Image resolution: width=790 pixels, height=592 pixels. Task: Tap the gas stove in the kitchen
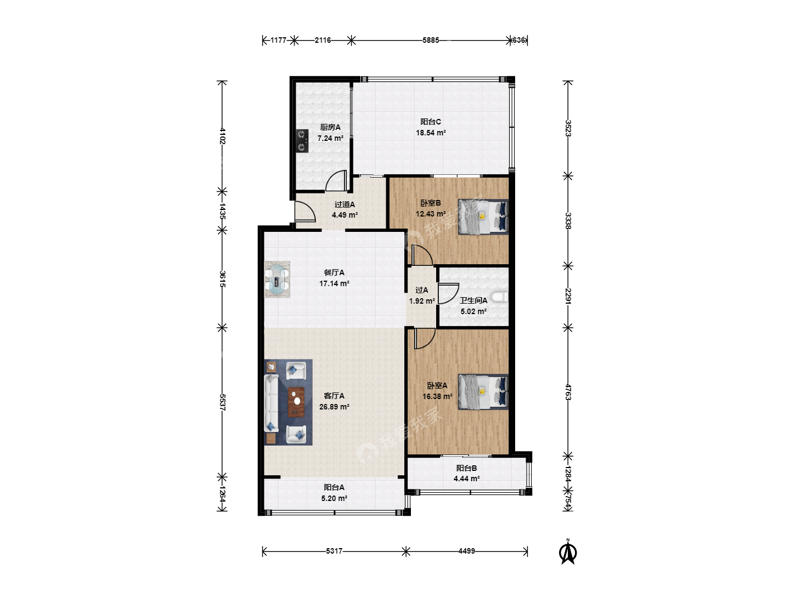click(x=302, y=141)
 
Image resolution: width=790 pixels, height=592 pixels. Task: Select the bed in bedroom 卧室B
click(x=483, y=217)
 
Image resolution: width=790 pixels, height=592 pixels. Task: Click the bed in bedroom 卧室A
click(x=483, y=392)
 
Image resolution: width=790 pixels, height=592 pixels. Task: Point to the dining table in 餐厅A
click(x=277, y=280)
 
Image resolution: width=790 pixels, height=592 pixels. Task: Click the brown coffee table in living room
click(x=296, y=402)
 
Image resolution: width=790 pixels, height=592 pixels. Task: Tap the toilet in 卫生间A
click(x=501, y=297)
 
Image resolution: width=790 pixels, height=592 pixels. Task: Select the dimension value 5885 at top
click(x=431, y=40)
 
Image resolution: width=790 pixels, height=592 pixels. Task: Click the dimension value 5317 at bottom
click(x=334, y=551)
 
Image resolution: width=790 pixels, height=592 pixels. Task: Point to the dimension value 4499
click(x=466, y=551)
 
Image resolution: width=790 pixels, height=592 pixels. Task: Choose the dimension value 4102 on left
click(x=222, y=135)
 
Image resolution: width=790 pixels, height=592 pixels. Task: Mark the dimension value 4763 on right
click(x=568, y=392)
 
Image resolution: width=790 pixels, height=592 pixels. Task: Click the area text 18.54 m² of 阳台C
click(x=431, y=133)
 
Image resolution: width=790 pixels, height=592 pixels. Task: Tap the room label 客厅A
click(x=334, y=396)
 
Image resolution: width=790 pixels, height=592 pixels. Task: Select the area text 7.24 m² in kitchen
click(x=330, y=138)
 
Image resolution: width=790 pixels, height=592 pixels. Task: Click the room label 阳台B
click(x=466, y=468)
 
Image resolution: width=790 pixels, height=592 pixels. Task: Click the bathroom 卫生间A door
click(x=448, y=294)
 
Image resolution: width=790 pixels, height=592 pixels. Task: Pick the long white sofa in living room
click(x=272, y=403)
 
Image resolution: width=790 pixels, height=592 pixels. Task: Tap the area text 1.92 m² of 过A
click(x=422, y=301)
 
